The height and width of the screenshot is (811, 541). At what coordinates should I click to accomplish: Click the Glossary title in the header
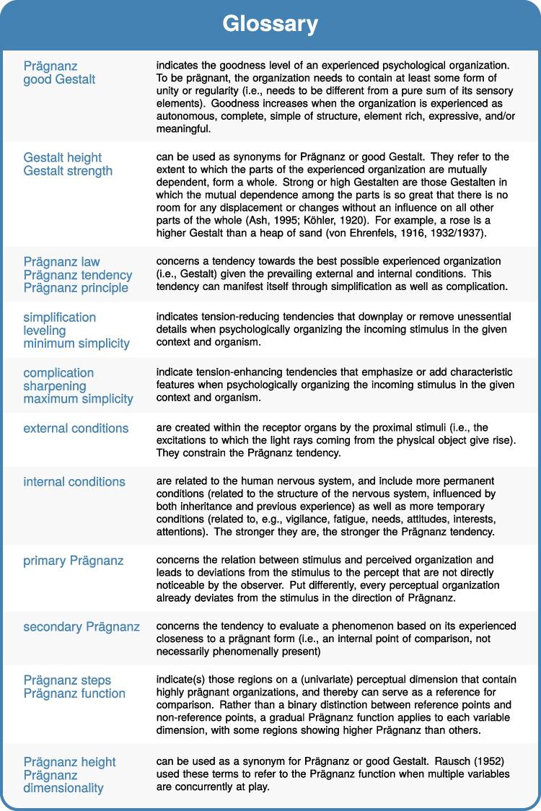tap(270, 24)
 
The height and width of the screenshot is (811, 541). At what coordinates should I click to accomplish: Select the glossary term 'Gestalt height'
tap(62, 157)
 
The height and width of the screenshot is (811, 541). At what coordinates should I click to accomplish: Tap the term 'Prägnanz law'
tap(61, 261)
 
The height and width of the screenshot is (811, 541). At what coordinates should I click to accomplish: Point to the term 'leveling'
tap(44, 330)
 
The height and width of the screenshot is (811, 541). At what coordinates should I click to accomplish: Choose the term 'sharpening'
tap(54, 386)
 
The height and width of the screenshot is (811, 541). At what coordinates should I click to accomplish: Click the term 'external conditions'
tap(76, 428)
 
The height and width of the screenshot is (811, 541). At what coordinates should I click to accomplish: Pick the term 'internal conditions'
tap(74, 481)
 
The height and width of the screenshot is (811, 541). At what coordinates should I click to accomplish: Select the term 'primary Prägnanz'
tap(73, 560)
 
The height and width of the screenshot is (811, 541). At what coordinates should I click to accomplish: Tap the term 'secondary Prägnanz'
tap(82, 627)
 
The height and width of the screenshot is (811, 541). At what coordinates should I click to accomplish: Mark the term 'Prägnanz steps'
tap(67, 680)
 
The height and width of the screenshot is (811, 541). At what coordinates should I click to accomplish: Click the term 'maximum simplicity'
tap(78, 399)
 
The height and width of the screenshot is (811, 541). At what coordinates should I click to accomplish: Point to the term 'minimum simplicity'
tap(76, 343)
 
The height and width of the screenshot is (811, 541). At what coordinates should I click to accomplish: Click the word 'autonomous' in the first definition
tap(185, 117)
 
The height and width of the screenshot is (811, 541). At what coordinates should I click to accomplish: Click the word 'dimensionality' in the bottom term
tap(63, 788)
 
